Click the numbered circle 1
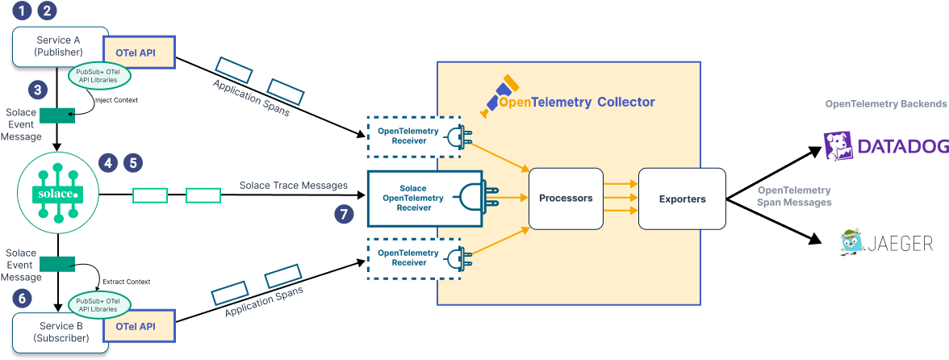click(x=23, y=10)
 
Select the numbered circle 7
click(x=345, y=214)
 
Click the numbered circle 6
click(x=23, y=299)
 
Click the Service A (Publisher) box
click(x=56, y=47)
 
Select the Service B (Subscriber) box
click(x=56, y=333)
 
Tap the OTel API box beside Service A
click(x=140, y=52)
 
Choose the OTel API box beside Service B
click(x=140, y=327)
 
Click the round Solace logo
click(x=58, y=193)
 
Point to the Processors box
click(x=566, y=198)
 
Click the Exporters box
click(x=682, y=199)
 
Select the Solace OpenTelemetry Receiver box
click(x=424, y=198)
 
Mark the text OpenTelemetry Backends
click(x=885, y=104)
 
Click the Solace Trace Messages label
click(x=294, y=186)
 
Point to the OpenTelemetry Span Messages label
click(x=794, y=196)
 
